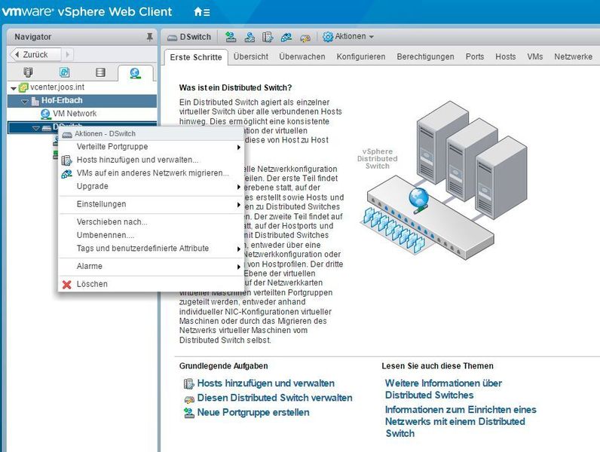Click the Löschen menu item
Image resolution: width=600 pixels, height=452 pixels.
(92, 284)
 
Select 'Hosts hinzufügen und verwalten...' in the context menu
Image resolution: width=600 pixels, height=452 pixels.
(137, 160)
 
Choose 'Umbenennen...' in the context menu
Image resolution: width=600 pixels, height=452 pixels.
(105, 235)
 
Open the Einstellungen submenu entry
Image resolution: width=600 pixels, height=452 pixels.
(101, 204)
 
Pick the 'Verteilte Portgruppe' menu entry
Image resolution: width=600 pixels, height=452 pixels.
(112, 146)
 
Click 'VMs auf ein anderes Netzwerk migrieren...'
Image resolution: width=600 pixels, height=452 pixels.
(152, 173)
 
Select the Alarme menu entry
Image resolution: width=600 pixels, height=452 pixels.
(90, 266)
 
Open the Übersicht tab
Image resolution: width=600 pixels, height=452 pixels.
(250, 56)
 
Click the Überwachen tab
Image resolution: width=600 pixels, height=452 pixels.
(302, 56)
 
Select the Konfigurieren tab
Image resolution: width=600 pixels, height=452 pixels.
(360, 56)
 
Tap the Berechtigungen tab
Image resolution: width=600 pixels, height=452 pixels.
(425, 56)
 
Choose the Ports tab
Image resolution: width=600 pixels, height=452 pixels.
(475, 56)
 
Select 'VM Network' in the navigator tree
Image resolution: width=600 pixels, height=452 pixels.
(75, 114)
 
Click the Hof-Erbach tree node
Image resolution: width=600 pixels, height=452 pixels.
(62, 100)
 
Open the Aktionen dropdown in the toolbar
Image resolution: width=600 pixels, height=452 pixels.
(350, 36)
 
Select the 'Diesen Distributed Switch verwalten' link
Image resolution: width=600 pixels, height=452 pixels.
(274, 398)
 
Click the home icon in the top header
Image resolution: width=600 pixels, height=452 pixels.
(198, 12)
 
